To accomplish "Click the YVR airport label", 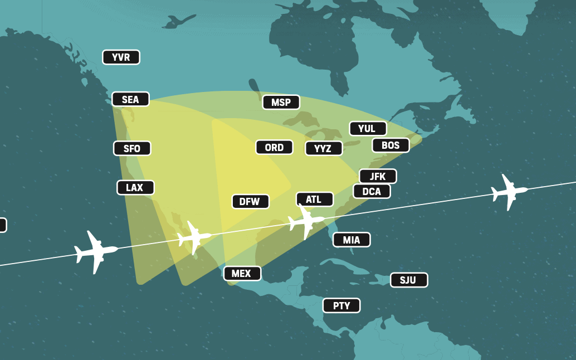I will tap(121, 57).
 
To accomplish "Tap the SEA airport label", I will tap(130, 99).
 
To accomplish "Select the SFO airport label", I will tap(132, 148).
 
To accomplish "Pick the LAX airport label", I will tap(135, 188).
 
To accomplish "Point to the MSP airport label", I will tap(281, 102).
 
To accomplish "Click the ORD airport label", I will tap(274, 147).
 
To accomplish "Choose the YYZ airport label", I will tap(323, 148).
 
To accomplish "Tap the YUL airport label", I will tap(368, 128).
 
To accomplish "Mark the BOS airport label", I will tap(390, 145).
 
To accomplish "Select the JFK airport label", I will tap(378, 176).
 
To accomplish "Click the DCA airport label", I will tap(372, 191).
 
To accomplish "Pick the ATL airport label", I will tap(314, 199).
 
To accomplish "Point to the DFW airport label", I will tap(250, 201).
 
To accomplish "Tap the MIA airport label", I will tap(352, 240).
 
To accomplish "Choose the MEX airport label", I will tap(242, 274).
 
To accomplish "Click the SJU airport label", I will tap(409, 280).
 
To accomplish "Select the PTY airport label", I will tap(341, 305).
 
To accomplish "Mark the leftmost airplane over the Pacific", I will tap(96, 251).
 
